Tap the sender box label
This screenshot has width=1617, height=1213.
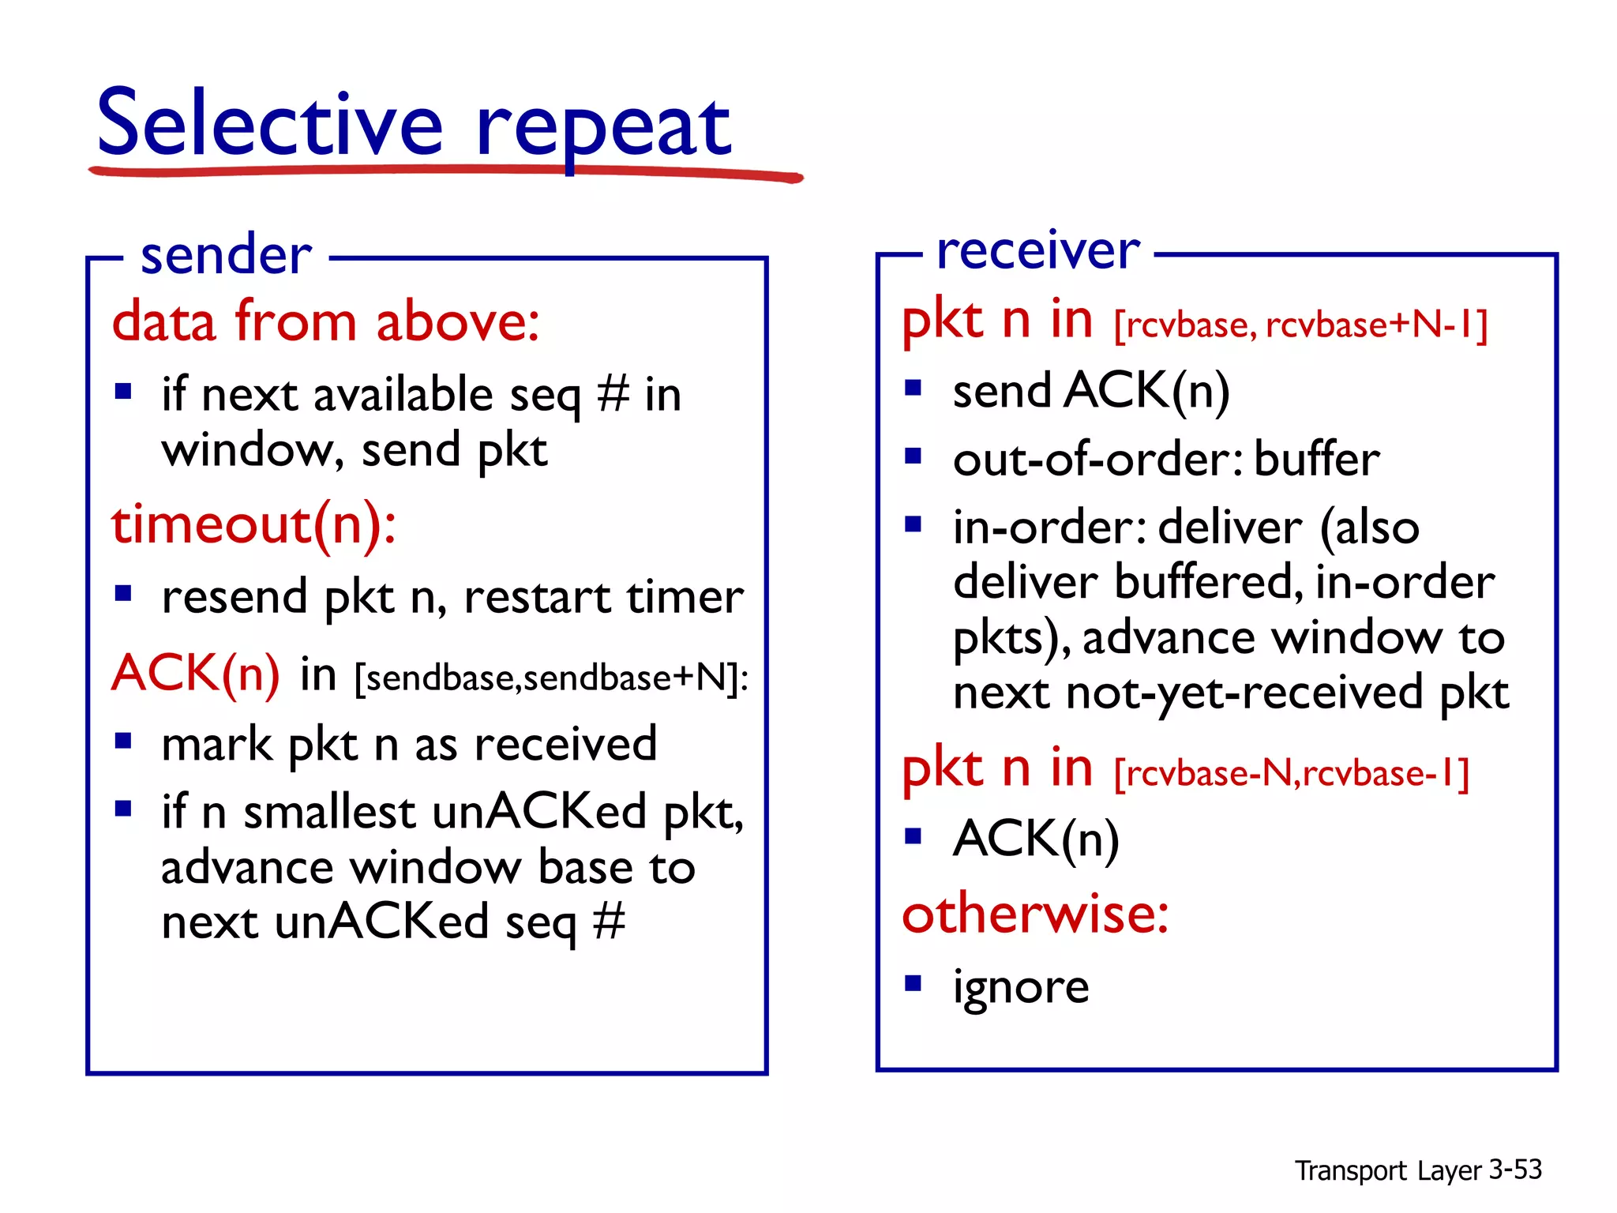coord(226,256)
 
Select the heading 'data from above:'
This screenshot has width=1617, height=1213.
coord(325,322)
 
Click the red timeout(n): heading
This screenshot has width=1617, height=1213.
coord(253,525)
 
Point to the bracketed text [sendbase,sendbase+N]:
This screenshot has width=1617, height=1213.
coord(551,678)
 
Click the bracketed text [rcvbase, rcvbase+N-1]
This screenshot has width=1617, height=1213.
coord(1300,325)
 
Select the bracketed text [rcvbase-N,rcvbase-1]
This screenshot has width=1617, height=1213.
coord(1291,773)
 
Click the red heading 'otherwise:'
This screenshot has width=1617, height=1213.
coord(1035,914)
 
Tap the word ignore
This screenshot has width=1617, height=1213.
coord(1021,987)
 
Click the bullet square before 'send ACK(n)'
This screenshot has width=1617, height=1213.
coord(914,388)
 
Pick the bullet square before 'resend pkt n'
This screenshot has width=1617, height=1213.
coord(122,593)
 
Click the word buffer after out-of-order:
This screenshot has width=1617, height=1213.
coord(1316,460)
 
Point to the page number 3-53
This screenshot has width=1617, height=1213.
coord(1514,1170)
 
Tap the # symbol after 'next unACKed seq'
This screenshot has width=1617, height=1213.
coord(609,922)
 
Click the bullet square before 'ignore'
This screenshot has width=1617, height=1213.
coord(914,983)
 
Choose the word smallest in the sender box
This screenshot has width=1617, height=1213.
coord(329,813)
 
